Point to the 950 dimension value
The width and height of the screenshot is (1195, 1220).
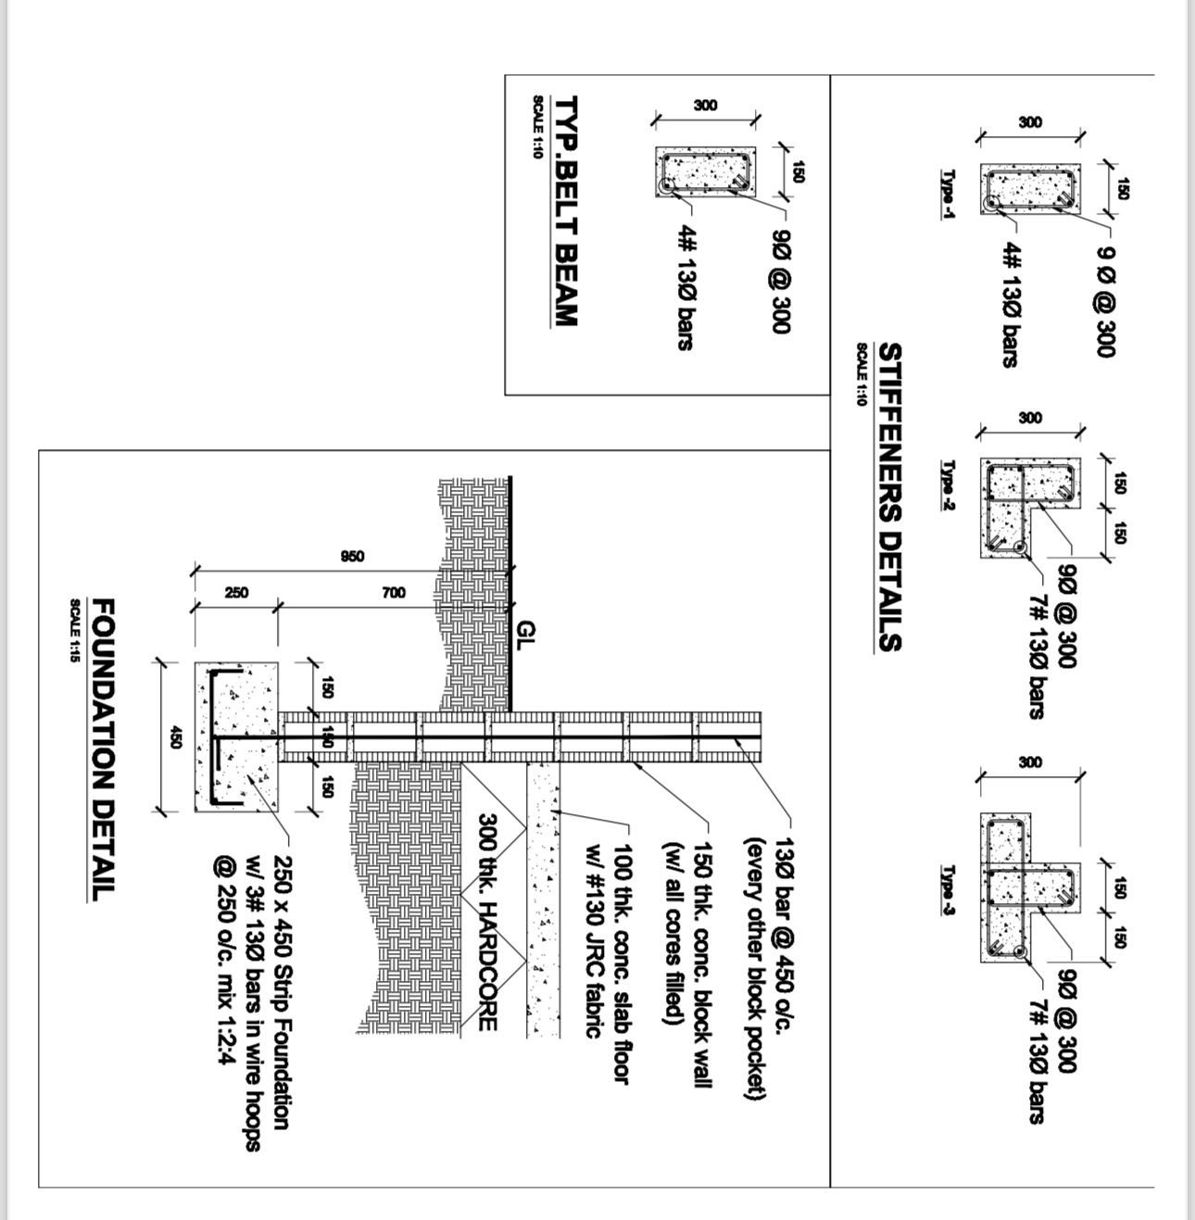(x=353, y=557)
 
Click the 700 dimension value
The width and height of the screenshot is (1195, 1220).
(x=394, y=592)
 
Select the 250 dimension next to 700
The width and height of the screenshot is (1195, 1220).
(x=236, y=592)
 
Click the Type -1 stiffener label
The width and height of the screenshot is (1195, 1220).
(x=949, y=194)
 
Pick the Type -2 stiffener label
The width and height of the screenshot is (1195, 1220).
(x=949, y=485)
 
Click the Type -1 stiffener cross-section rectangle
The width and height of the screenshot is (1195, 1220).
(x=1029, y=189)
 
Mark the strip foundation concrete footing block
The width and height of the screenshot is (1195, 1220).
(x=236, y=737)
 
